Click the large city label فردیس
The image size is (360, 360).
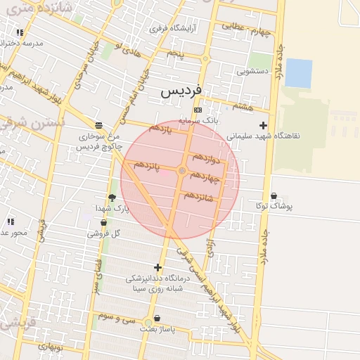coord(181,91)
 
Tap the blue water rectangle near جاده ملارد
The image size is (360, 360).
coord(299,73)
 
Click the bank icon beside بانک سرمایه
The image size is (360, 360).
coord(198,110)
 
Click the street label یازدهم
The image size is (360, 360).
coord(160,129)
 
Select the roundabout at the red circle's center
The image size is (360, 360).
coord(181,171)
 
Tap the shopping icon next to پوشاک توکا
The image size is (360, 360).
coord(274,196)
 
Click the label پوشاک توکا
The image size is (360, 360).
coord(285,207)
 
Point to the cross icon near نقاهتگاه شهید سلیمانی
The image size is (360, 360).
coord(263,125)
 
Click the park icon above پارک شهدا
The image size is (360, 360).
coord(112,198)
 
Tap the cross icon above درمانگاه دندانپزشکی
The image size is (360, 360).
coord(157,267)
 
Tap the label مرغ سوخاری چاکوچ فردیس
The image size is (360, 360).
coord(98,141)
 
